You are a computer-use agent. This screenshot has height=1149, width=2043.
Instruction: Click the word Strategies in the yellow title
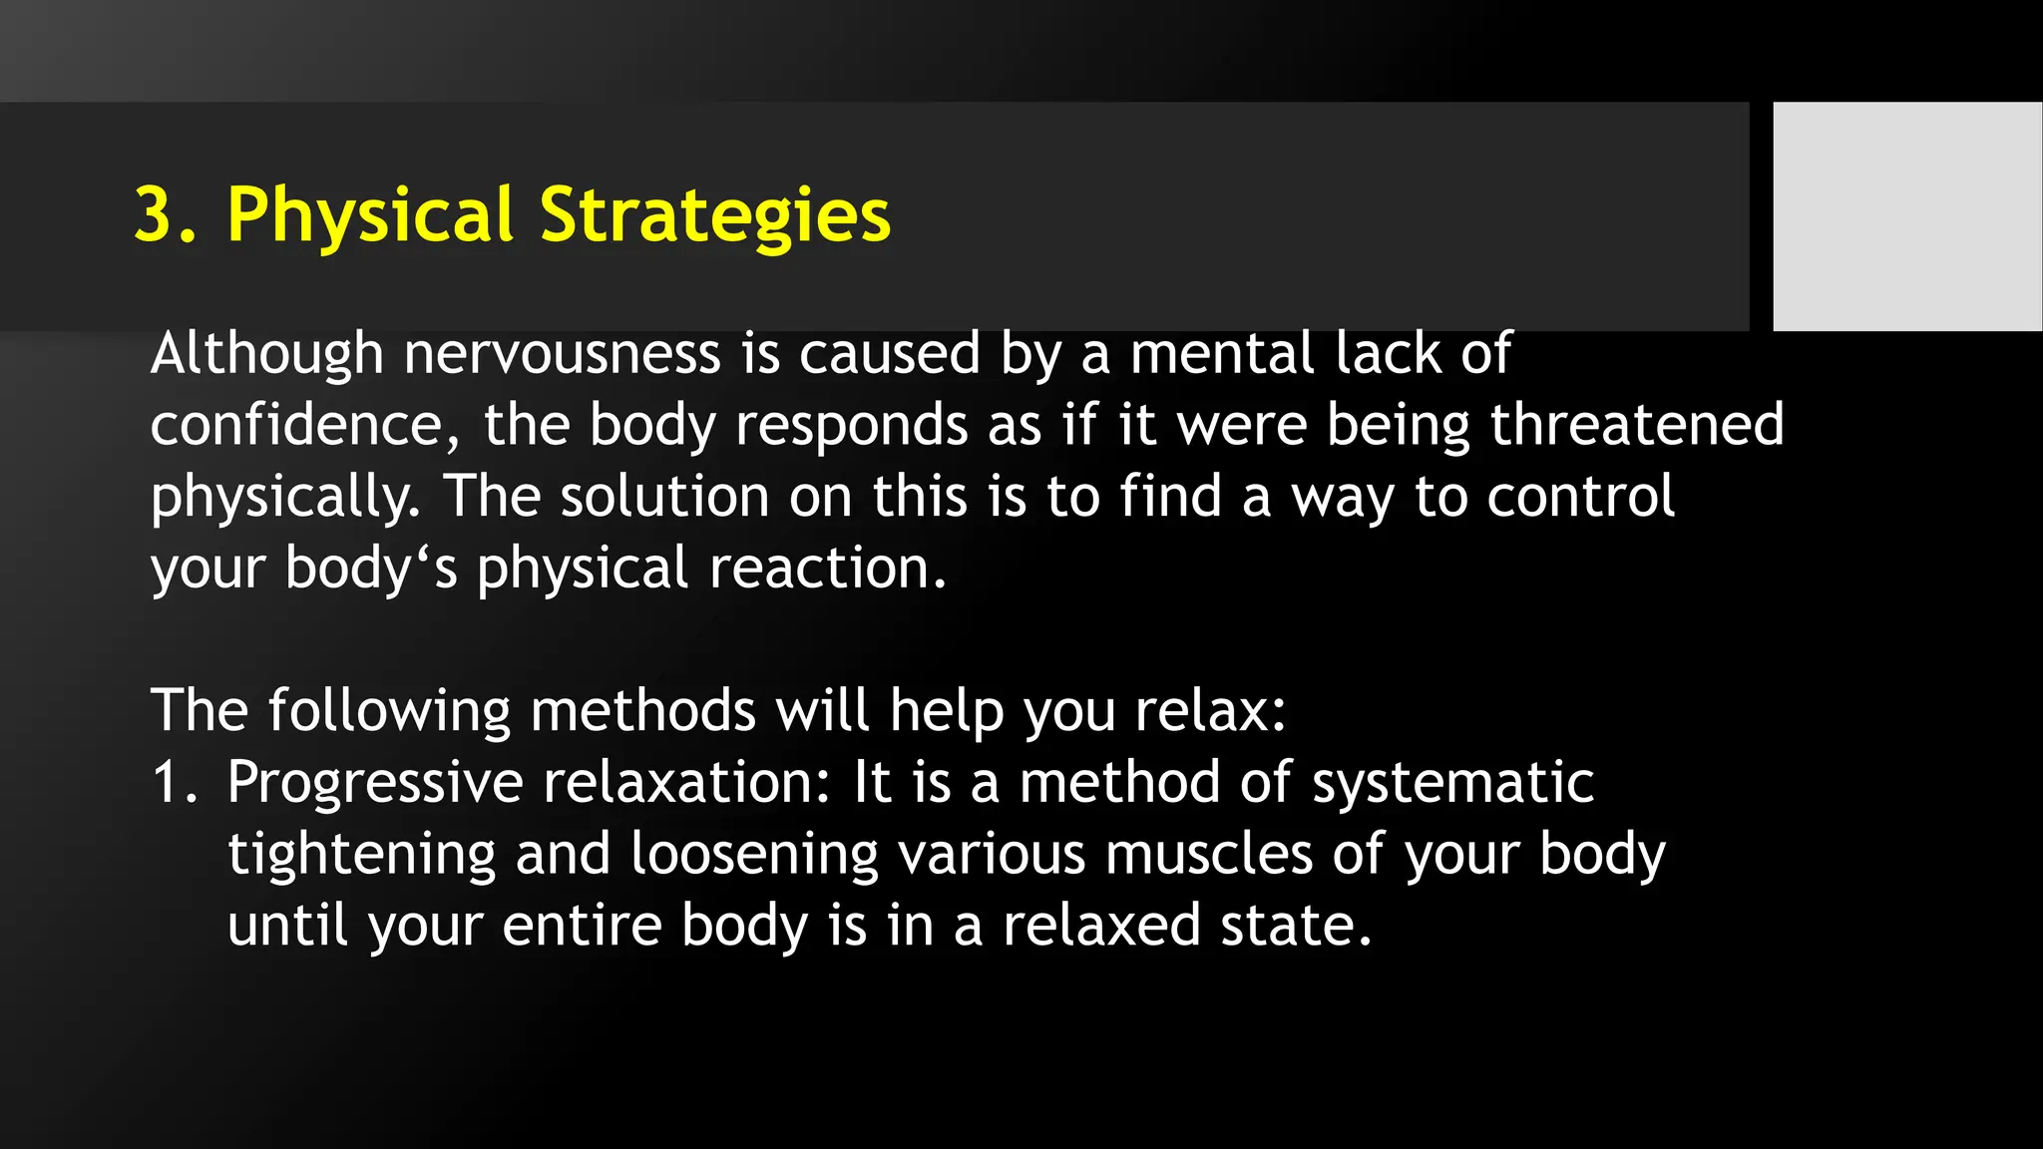coord(714,215)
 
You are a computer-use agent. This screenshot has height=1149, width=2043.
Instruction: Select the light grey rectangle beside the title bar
coord(1907,215)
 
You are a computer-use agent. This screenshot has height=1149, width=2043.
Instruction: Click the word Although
coord(266,354)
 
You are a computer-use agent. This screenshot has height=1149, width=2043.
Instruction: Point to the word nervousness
coord(562,354)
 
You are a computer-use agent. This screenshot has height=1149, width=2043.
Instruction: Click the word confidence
coord(297,426)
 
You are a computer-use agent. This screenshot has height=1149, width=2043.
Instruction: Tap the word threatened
coord(1636,426)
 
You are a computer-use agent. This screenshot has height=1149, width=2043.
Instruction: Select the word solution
coord(664,497)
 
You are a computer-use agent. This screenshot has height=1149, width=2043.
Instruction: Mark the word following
coord(389,711)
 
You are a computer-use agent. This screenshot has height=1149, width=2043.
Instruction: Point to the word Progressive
coord(375,783)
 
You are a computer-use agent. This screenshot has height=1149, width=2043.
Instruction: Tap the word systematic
coord(1452,783)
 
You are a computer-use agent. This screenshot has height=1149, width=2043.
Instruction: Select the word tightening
coord(361,855)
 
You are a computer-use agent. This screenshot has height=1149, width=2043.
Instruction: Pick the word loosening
coord(754,855)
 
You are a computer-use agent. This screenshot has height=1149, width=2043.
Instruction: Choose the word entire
coord(582,926)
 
